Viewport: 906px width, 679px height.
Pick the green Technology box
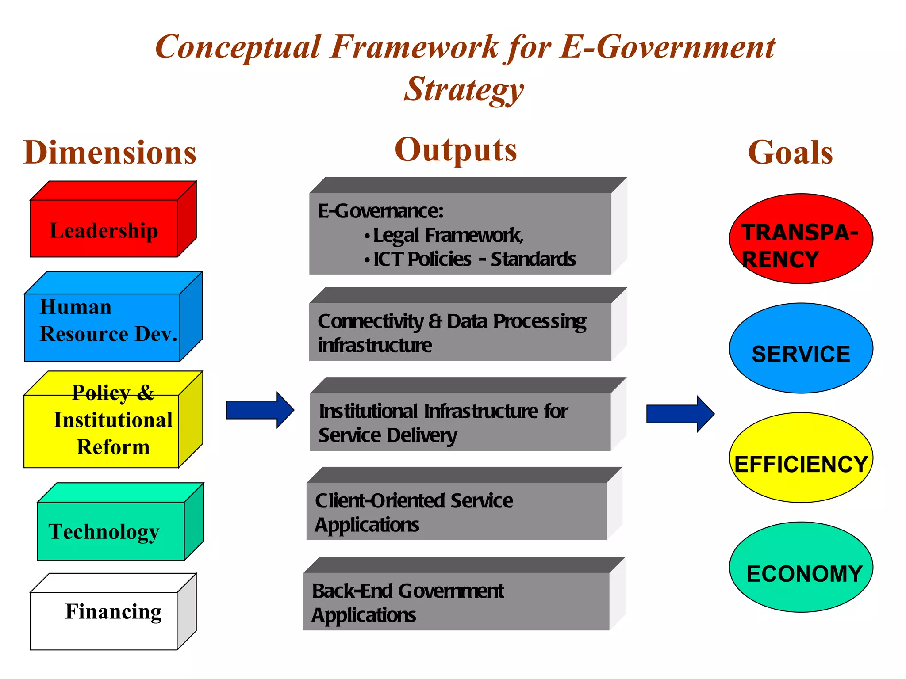pos(111,530)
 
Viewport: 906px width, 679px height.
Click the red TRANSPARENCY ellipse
pos(801,239)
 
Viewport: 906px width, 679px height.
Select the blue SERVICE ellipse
pos(801,348)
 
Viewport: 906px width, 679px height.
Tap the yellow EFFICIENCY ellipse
pos(801,458)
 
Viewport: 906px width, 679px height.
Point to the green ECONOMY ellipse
pos(801,568)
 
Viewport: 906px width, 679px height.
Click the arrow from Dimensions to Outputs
pos(260,410)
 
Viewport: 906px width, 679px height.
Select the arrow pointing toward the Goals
pos(680,414)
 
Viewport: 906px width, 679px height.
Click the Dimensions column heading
pos(110,153)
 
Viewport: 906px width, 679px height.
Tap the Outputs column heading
pos(456,150)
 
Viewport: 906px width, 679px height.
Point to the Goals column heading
pos(790,153)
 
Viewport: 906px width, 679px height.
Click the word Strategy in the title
pos(464,89)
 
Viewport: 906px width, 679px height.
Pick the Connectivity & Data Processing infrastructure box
pos(460,332)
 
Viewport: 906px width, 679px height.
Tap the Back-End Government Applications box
pos(456,602)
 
